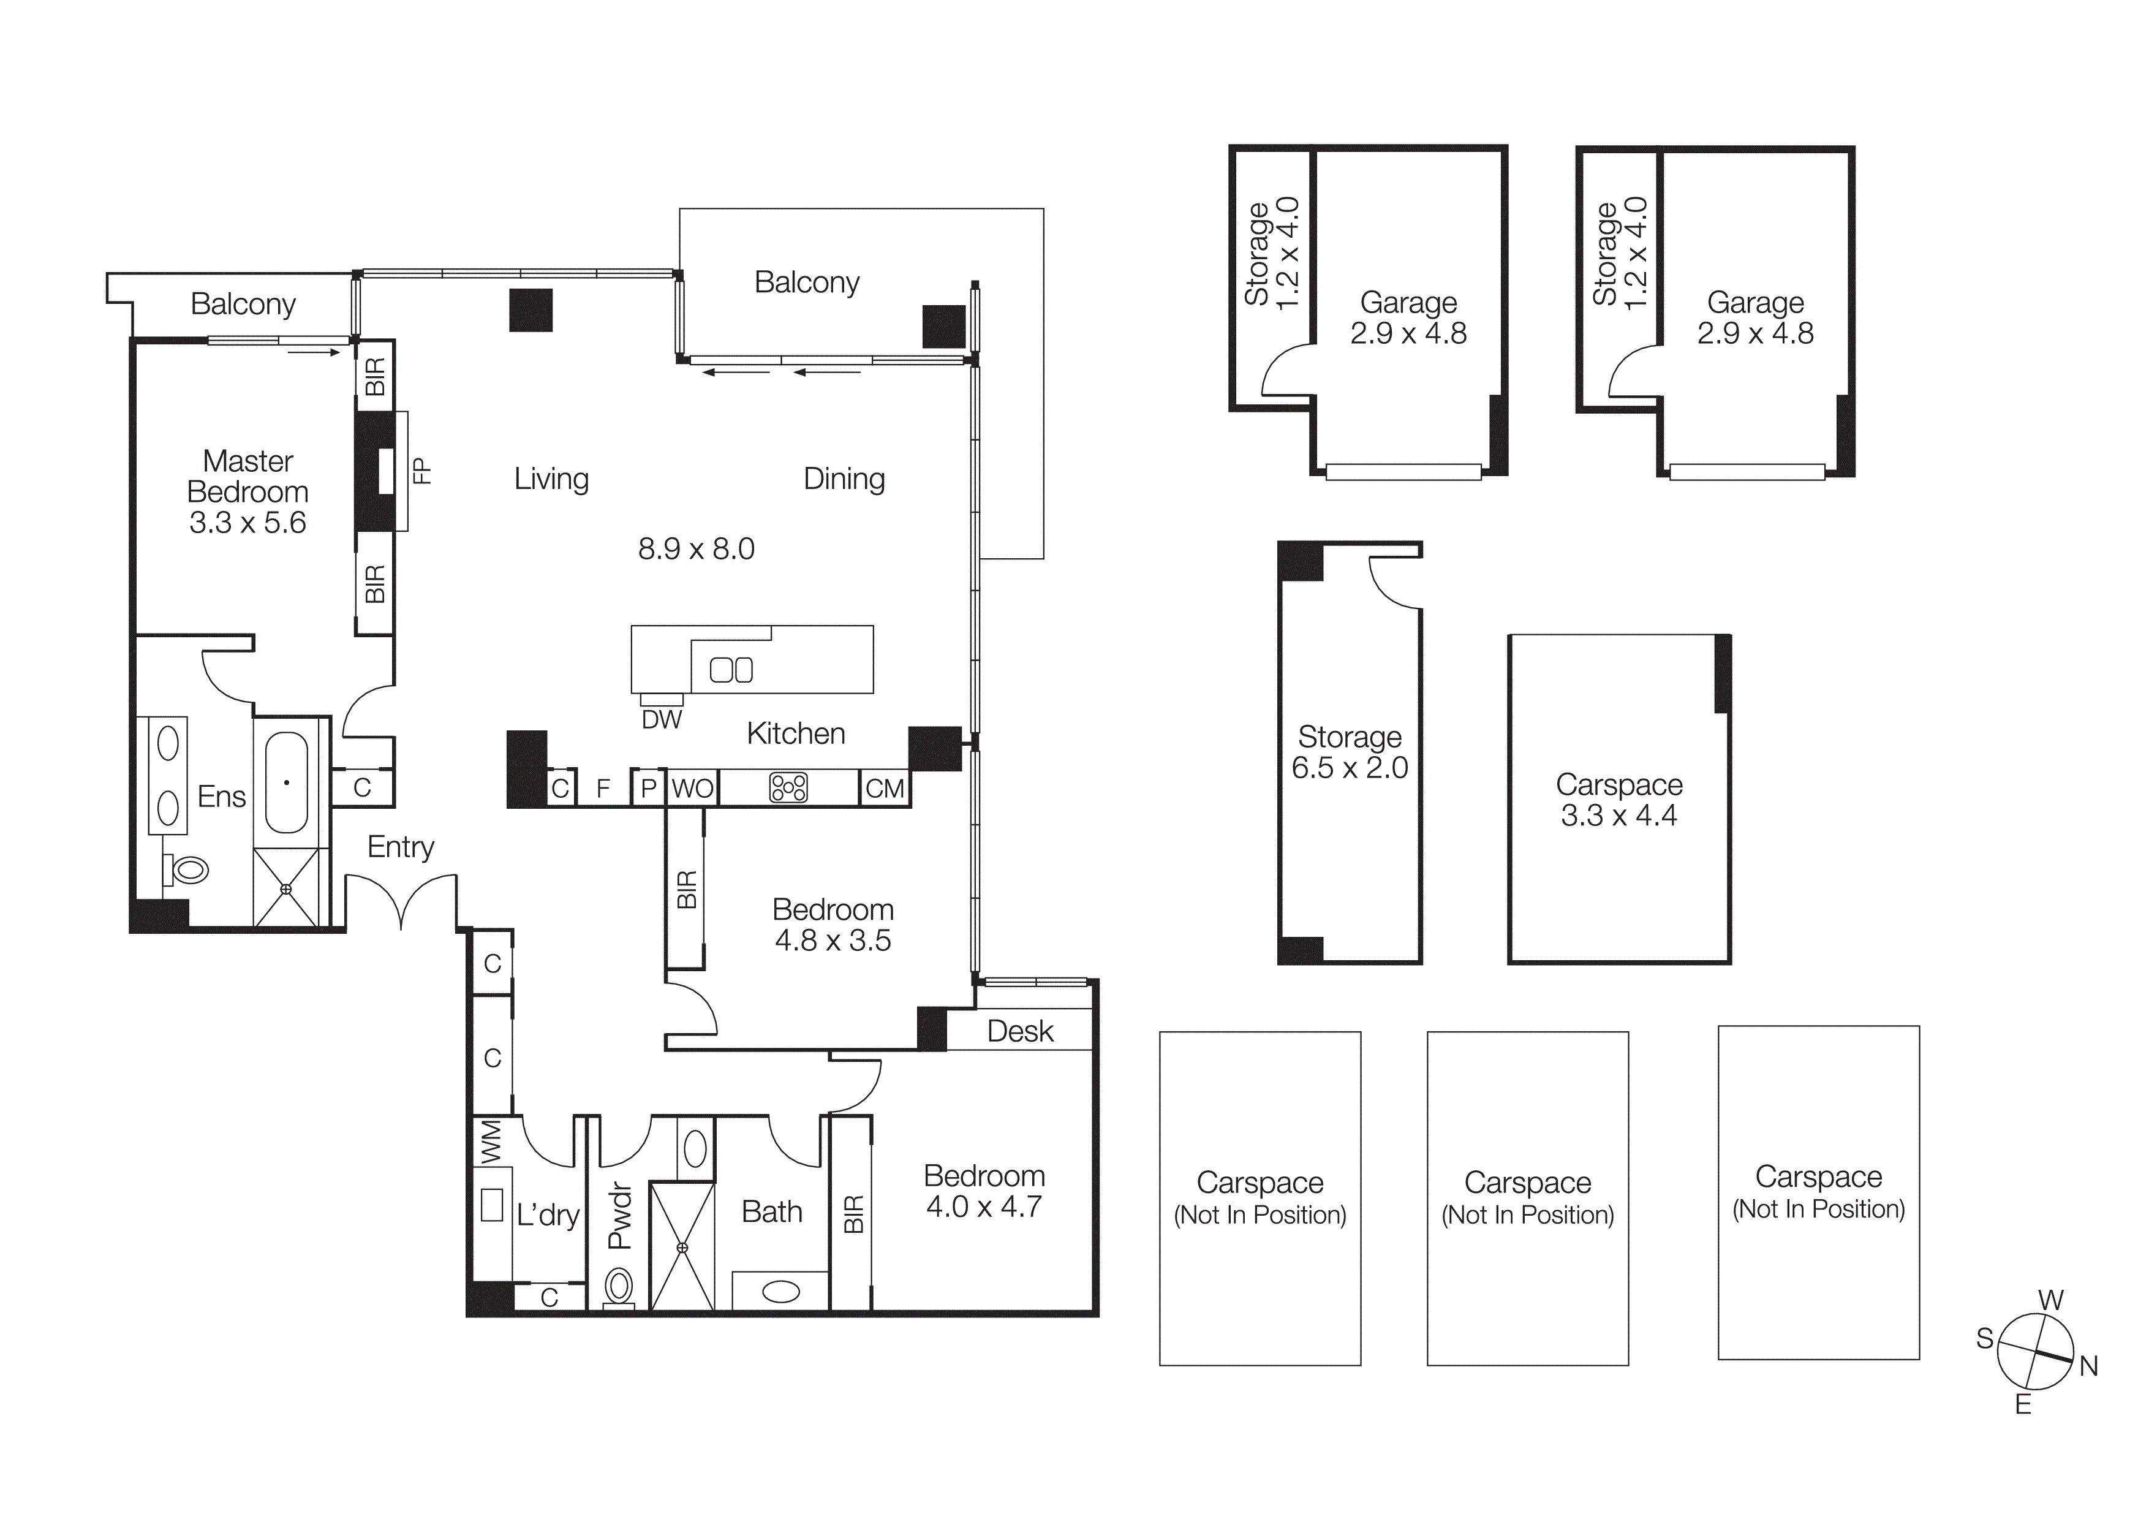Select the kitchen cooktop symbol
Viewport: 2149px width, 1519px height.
[788, 788]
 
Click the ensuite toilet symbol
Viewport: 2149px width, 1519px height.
[187, 869]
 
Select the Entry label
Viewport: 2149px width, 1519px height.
[401, 847]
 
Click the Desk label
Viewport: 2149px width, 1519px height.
[1020, 1031]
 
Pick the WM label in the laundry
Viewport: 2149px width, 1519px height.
[491, 1142]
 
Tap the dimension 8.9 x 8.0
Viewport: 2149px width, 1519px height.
[697, 548]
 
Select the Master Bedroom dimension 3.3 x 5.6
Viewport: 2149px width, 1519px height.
[248, 522]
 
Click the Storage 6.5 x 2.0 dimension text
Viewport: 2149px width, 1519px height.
[1350, 767]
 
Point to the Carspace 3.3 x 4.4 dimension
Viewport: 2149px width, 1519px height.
[1618, 815]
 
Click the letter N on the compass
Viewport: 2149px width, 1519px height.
[2088, 1366]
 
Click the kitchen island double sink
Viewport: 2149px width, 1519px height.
[731, 670]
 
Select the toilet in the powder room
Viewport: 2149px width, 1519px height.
[619, 1286]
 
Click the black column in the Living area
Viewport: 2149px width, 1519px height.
[531, 311]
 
